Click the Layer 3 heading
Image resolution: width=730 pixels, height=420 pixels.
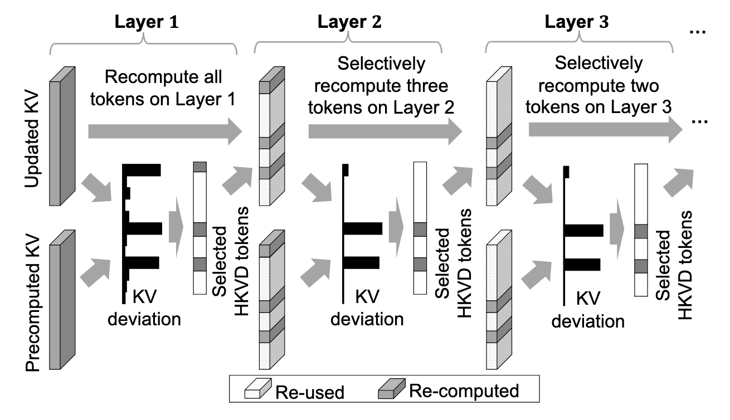576,23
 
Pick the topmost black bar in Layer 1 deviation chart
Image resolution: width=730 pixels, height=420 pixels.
143,169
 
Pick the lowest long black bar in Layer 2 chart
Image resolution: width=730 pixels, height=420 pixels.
361,262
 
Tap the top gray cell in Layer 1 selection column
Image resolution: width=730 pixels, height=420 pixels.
200,167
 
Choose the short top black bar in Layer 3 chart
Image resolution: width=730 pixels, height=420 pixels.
567,172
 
